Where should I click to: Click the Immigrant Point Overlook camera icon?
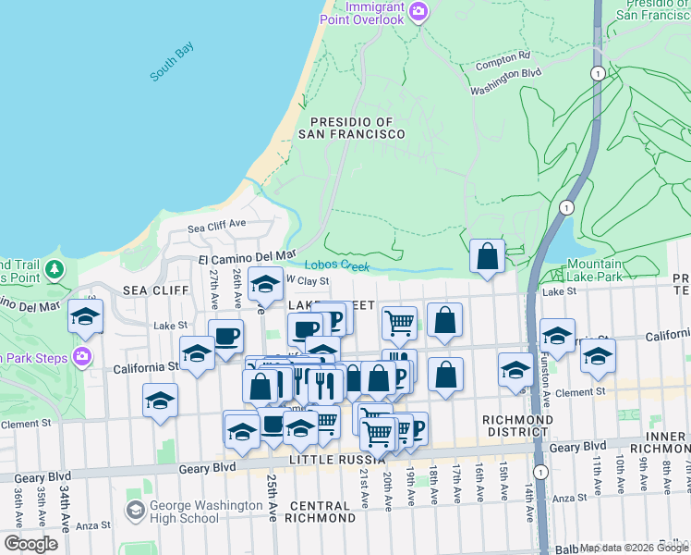click(x=418, y=12)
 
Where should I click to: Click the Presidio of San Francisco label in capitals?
click(x=351, y=128)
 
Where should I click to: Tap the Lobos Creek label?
click(x=337, y=265)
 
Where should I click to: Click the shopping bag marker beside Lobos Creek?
click(x=487, y=256)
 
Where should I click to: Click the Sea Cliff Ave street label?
click(x=217, y=224)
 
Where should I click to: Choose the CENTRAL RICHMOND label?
click(x=332, y=506)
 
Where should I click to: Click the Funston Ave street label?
click(x=544, y=393)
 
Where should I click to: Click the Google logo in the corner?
click(x=30, y=543)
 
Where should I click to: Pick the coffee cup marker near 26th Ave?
click(x=225, y=336)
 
